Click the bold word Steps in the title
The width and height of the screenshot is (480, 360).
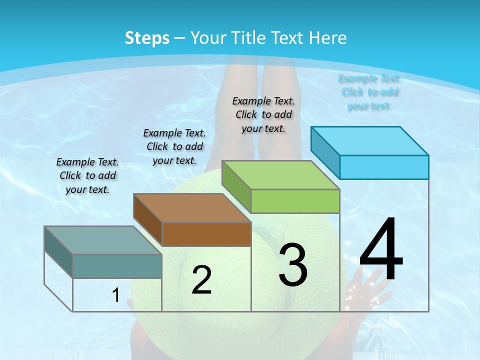tap(147, 38)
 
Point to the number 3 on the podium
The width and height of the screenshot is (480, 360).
tap(293, 264)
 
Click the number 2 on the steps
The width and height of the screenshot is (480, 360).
tap(201, 280)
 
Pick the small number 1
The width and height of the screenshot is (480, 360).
tap(115, 295)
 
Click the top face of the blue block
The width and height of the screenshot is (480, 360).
tap(370, 140)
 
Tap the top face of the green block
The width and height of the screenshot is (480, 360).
tap(281, 174)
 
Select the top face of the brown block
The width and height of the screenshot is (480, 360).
tap(192, 207)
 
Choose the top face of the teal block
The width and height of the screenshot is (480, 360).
tap(103, 240)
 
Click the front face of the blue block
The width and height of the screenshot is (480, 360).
tap(384, 167)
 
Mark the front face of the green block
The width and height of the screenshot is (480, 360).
tap(295, 201)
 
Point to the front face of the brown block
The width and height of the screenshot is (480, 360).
tap(206, 234)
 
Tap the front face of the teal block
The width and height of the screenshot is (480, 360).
tap(117, 266)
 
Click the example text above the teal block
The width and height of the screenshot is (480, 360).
tap(87, 175)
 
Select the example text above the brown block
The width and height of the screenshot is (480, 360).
tap(174, 146)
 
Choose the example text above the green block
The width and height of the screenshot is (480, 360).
tap(263, 114)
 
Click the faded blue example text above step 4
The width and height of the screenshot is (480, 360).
tap(369, 92)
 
